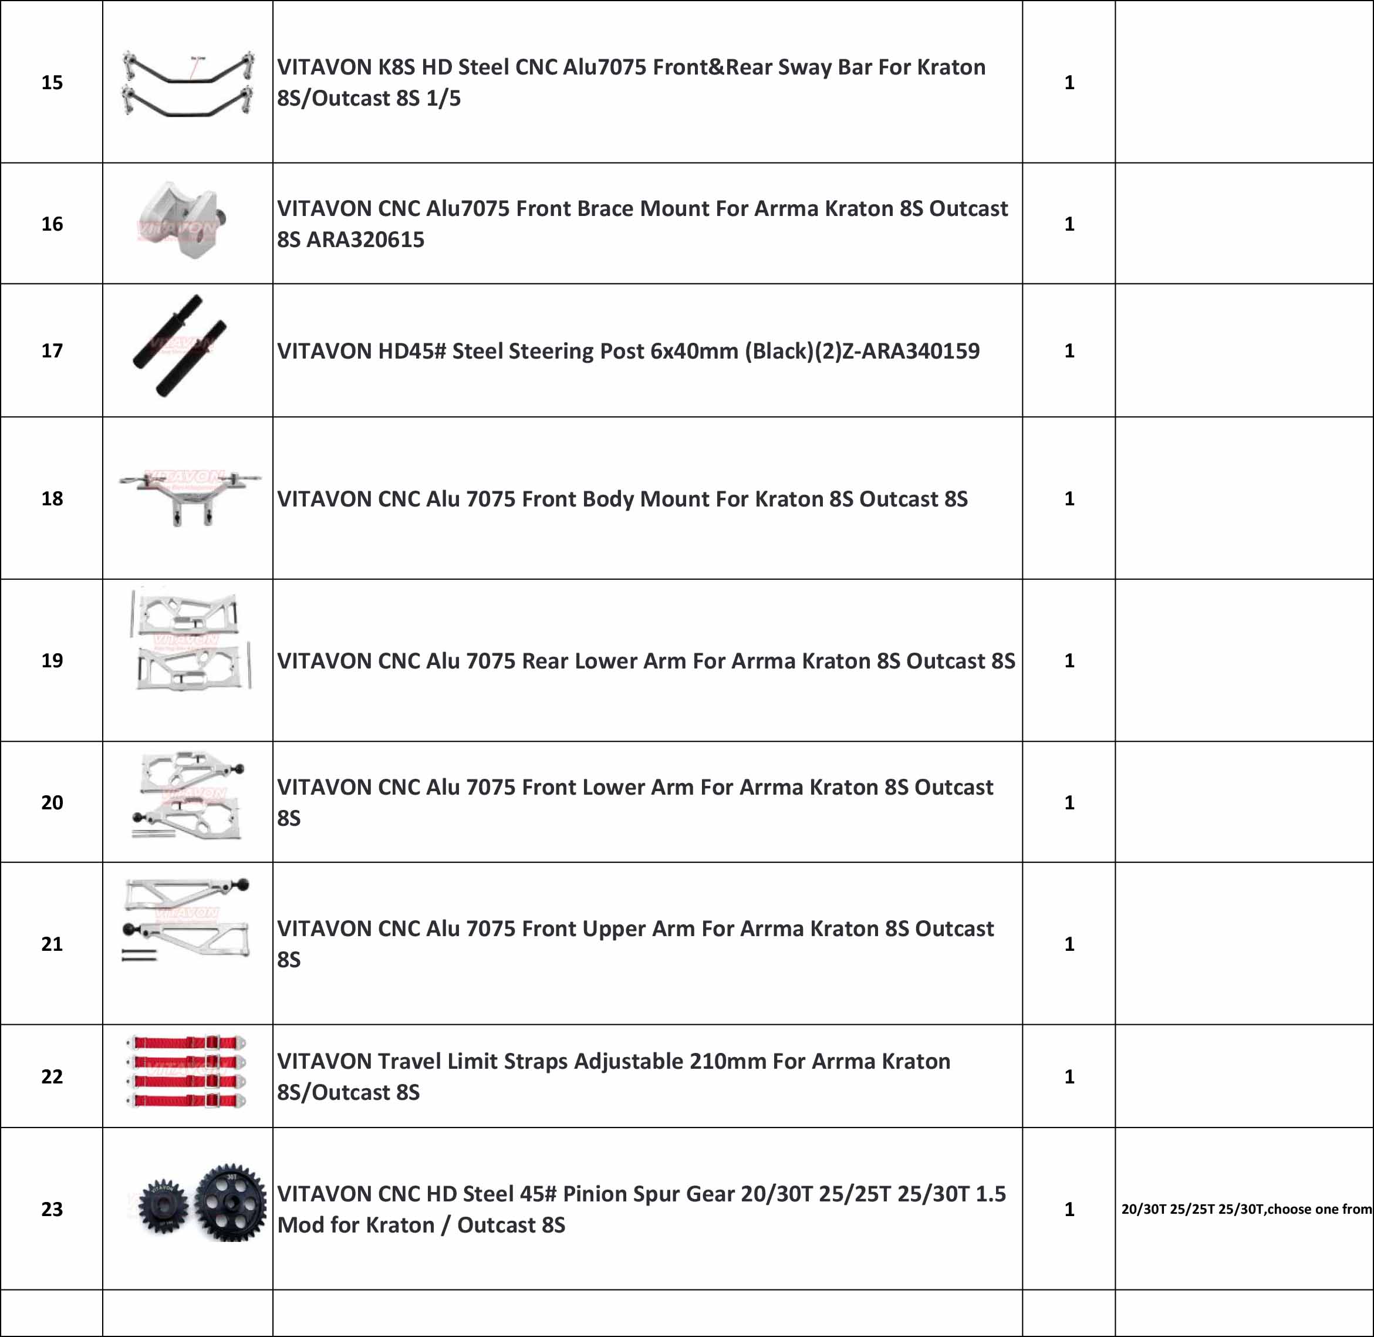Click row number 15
tap(52, 82)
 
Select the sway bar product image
tap(187, 83)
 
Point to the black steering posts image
tap(180, 346)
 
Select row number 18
tap(52, 498)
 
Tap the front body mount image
tap(189, 495)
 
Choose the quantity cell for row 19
tap(1069, 660)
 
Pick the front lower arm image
tap(189, 796)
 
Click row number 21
tap(52, 943)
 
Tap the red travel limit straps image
tap(187, 1072)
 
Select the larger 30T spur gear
tap(230, 1203)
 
